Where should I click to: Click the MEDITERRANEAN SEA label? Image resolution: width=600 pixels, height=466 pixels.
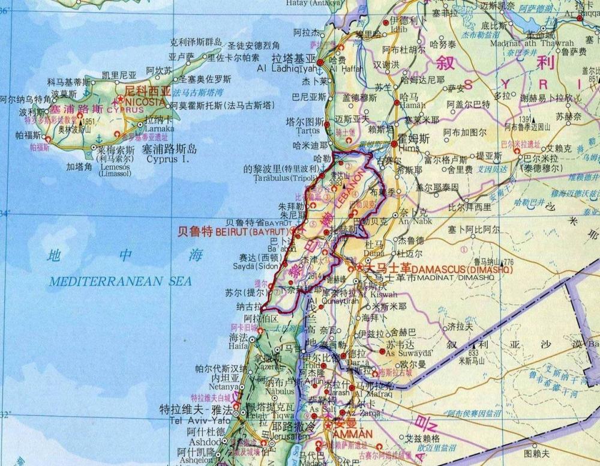(120, 281)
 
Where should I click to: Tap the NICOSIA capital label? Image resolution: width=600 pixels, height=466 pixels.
(145, 102)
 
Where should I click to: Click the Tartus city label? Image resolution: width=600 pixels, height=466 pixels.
(308, 129)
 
